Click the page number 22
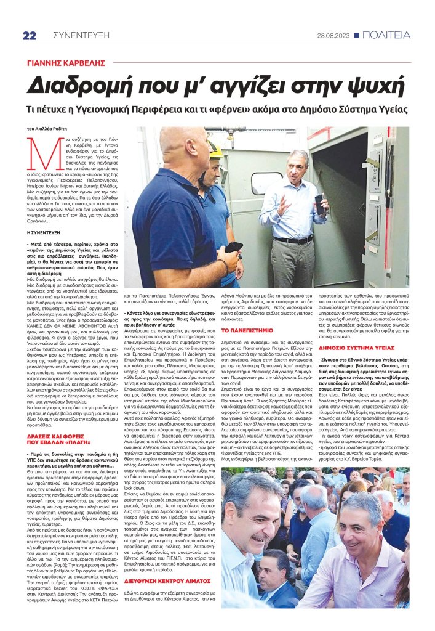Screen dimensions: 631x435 pyautogui.click(x=30, y=35)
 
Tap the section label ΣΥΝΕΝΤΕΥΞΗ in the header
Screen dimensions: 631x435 pyautogui.click(x=78, y=35)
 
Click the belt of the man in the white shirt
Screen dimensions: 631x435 pyautogui.click(x=292, y=239)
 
